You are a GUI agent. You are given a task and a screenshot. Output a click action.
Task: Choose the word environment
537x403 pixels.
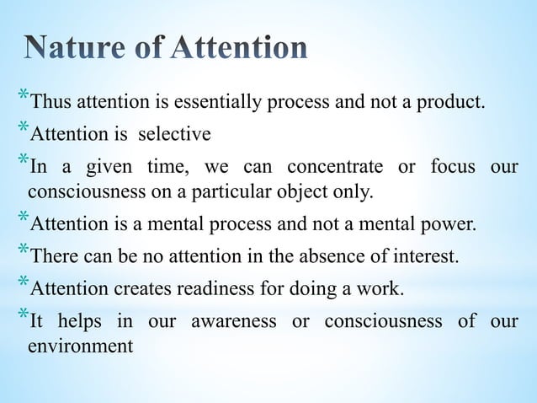point(81,346)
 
